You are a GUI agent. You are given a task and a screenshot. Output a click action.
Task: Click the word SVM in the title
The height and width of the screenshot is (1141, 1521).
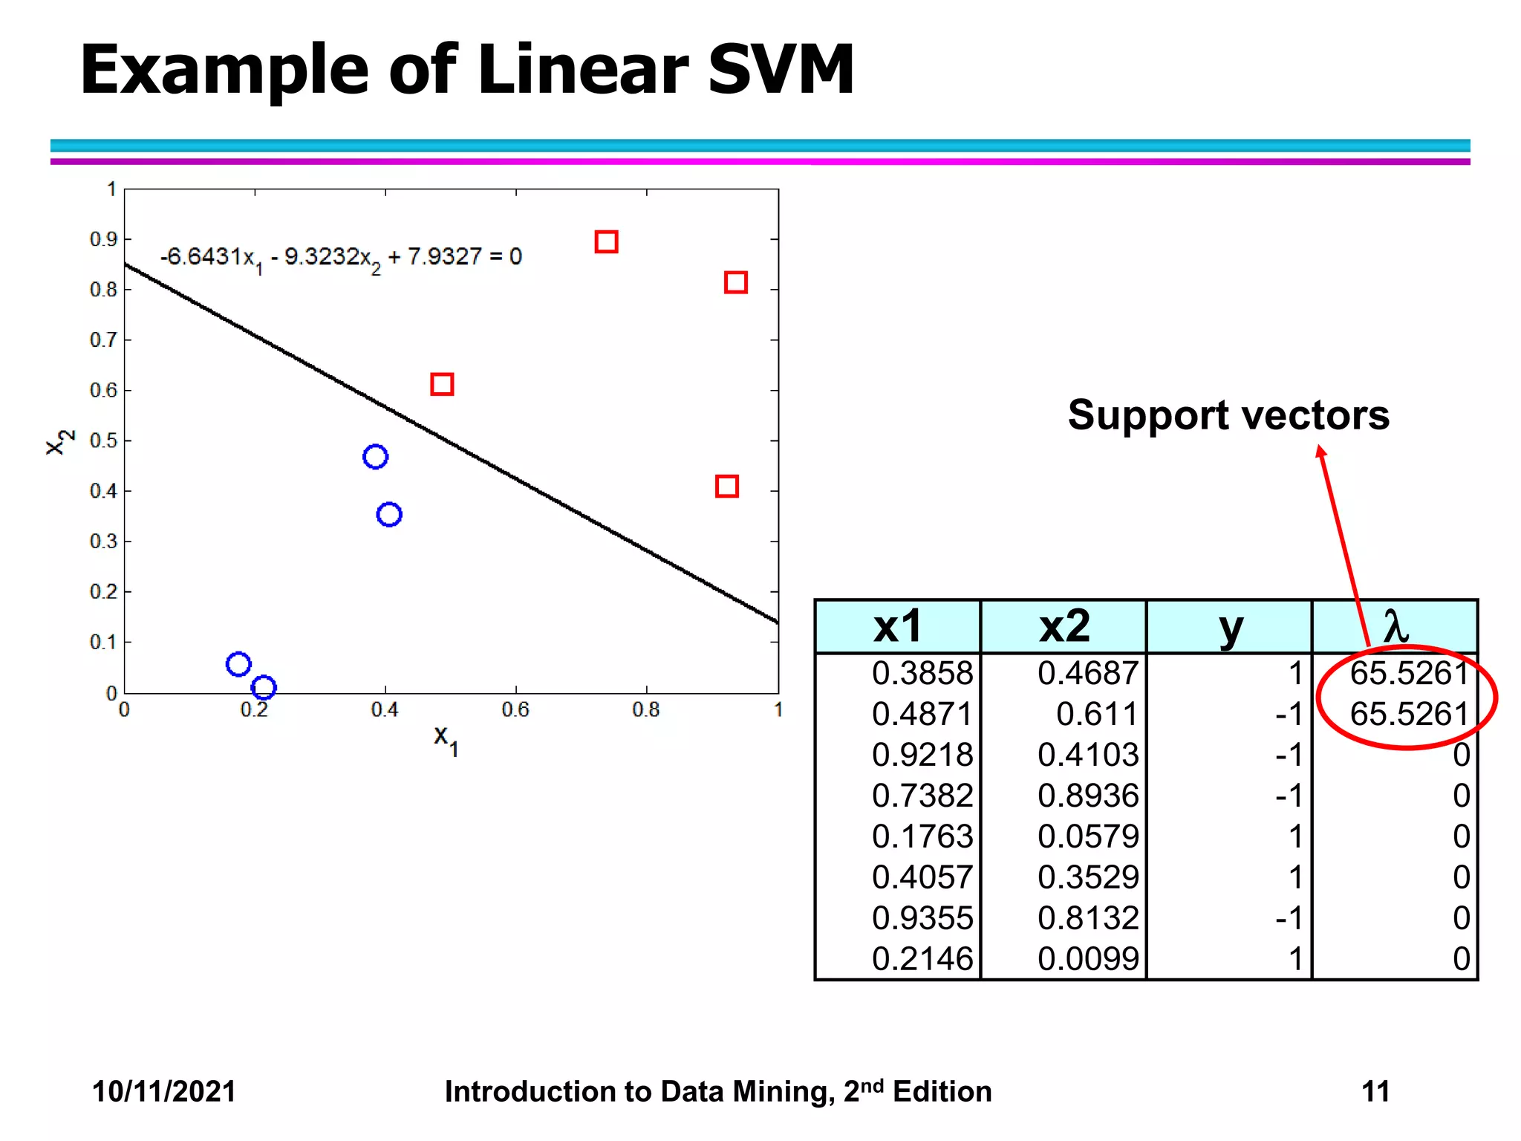click(x=781, y=69)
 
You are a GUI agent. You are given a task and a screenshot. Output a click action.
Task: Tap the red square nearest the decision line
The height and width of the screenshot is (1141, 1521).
click(x=442, y=384)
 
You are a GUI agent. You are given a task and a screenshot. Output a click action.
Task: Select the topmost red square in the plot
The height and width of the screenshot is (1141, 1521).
click(x=606, y=242)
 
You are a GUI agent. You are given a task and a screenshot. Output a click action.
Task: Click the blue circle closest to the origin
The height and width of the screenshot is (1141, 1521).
click(x=238, y=664)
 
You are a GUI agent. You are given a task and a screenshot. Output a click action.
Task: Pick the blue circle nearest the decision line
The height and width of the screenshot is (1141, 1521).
click(x=375, y=456)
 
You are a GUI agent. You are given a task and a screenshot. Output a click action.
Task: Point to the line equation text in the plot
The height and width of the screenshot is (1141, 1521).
click(x=341, y=258)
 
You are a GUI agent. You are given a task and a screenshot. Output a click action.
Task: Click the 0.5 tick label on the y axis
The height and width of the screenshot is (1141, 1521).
click(x=103, y=441)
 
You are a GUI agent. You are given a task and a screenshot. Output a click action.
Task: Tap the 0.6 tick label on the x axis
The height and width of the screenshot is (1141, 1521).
click(x=515, y=710)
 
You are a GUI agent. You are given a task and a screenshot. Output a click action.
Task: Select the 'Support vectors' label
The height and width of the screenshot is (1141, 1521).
click(x=1228, y=415)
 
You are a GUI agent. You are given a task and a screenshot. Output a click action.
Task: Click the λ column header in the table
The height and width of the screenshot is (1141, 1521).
click(x=1395, y=627)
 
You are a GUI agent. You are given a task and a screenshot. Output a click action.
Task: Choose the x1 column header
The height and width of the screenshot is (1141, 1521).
click(x=897, y=627)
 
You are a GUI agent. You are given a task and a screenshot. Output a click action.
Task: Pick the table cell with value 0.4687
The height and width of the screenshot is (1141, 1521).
click(x=1087, y=673)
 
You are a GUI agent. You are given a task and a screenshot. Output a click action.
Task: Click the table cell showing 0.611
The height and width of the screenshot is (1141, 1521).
click(x=1096, y=714)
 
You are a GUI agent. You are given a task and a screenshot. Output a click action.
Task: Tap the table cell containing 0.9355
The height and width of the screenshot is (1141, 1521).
click(x=922, y=918)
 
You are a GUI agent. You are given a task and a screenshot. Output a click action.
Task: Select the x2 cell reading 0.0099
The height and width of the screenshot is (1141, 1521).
click(x=1087, y=959)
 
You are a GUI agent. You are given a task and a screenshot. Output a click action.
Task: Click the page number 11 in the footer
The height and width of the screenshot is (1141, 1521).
click(x=1375, y=1091)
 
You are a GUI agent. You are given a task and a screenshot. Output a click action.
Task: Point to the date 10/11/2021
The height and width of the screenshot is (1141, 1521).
click(x=163, y=1091)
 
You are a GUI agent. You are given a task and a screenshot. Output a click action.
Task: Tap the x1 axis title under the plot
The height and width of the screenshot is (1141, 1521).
click(x=446, y=739)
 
